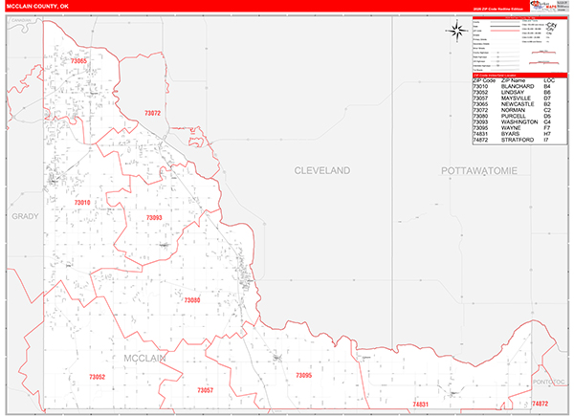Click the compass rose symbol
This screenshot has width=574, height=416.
coord(454,31)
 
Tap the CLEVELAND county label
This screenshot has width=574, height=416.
coord(321,169)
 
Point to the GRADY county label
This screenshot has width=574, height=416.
coord(25,216)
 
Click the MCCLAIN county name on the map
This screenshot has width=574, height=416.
coord(146,359)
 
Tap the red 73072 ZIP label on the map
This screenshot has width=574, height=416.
coord(152,114)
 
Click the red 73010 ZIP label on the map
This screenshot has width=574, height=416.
coord(82,203)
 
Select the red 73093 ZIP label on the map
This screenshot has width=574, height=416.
coord(154,218)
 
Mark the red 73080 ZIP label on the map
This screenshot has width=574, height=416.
coord(191,300)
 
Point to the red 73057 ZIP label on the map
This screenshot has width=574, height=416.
coord(205,390)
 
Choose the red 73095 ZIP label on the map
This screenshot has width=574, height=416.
coord(303,376)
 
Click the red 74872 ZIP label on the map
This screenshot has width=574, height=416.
coord(541,405)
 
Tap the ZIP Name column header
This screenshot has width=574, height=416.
coord(507,79)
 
